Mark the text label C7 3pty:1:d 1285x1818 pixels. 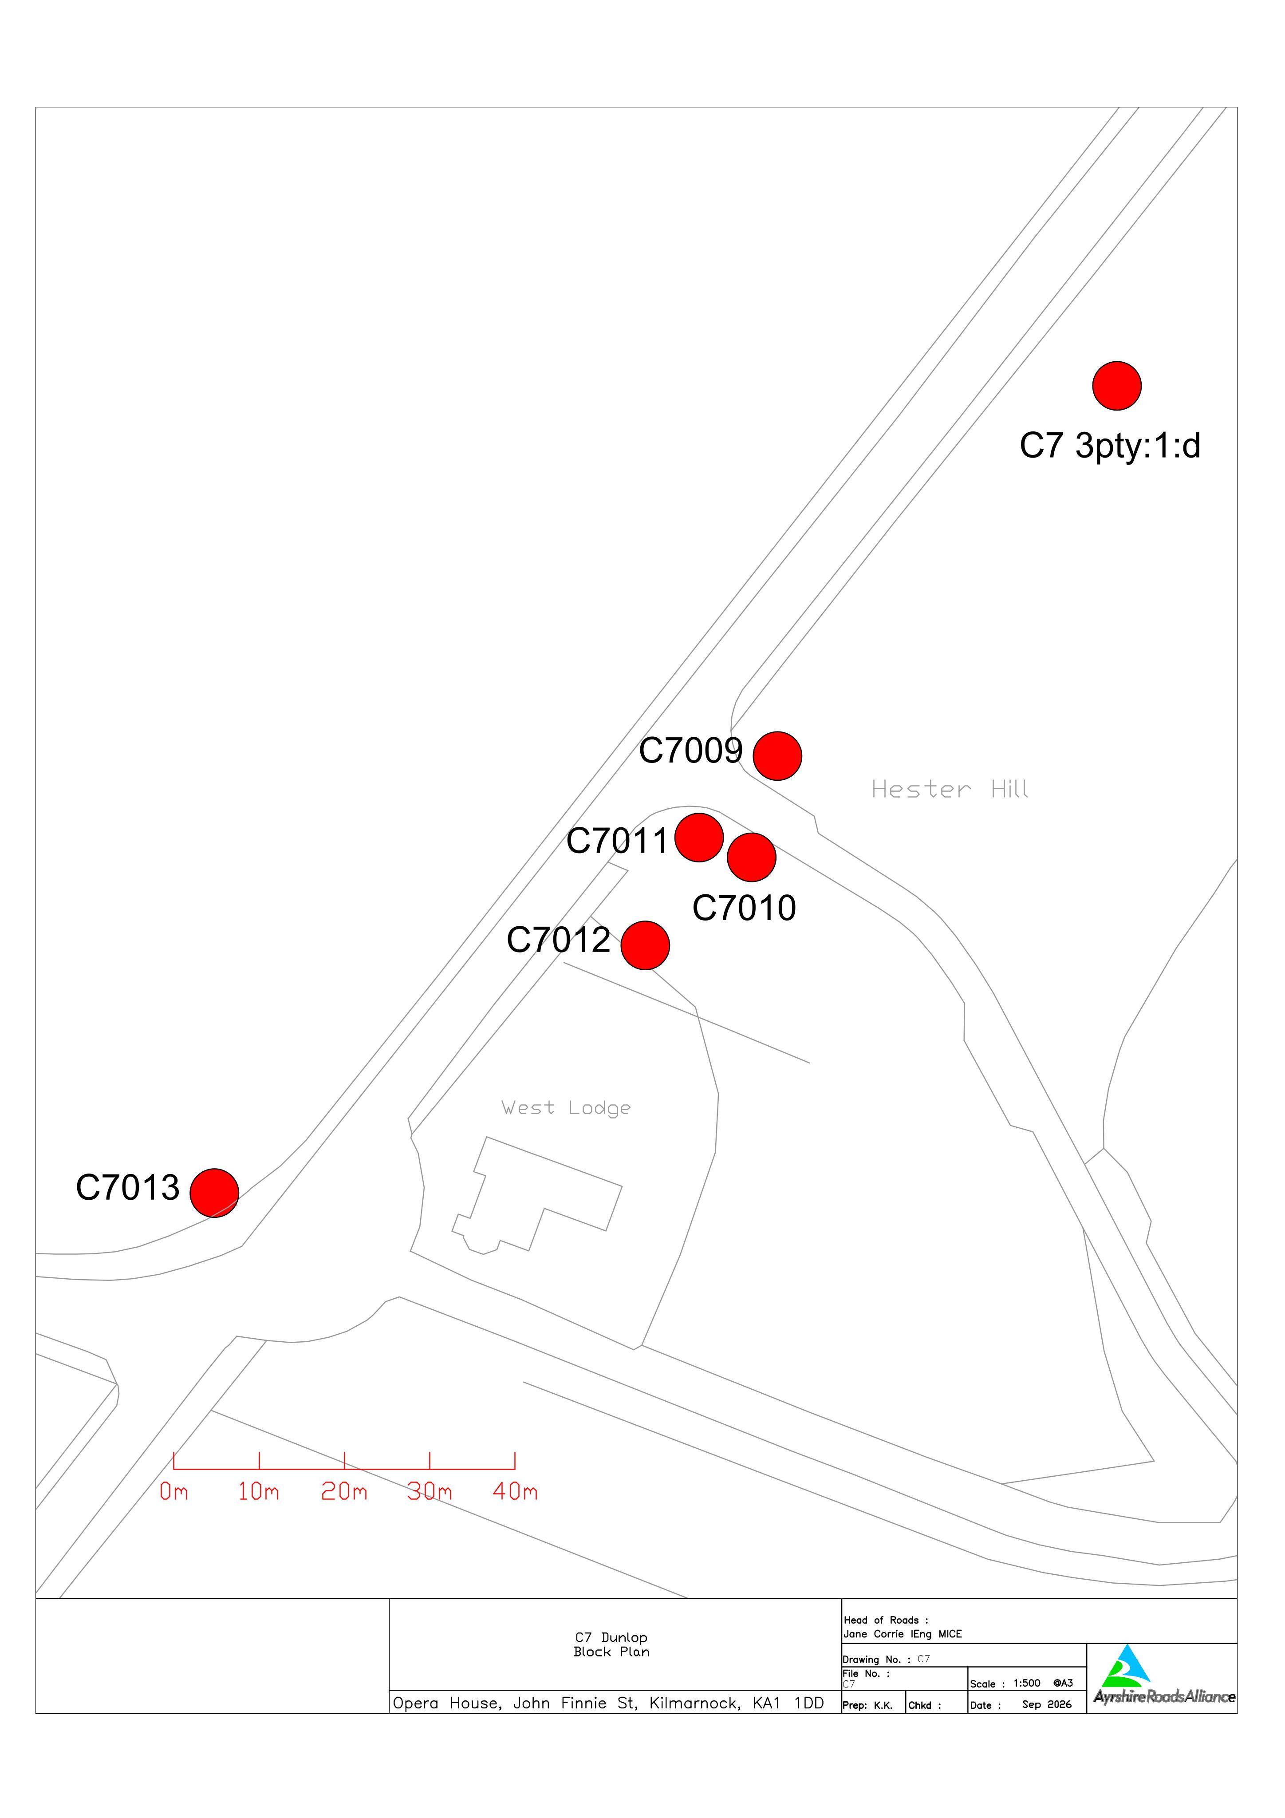click(1110, 446)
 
